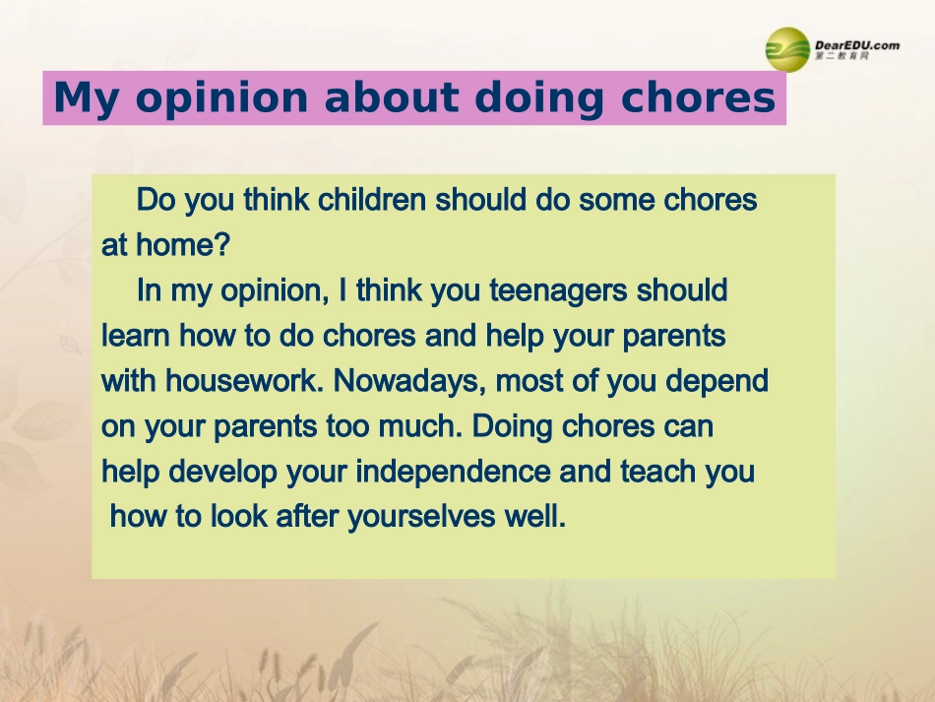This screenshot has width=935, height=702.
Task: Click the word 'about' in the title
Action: coord(390,97)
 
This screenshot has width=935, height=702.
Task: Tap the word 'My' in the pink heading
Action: coord(86,98)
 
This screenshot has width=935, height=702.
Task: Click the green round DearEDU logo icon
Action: coord(787,49)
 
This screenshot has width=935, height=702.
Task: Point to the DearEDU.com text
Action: coord(857,45)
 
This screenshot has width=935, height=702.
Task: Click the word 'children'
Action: coord(372,200)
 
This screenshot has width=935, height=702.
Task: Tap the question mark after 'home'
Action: coord(222,244)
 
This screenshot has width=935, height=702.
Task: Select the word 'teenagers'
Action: coord(558,291)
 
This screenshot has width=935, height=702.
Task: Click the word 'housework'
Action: coord(241,380)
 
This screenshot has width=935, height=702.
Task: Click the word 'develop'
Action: coord(222,472)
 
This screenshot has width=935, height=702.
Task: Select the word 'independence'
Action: coord(453,472)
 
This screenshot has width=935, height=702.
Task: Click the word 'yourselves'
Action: coord(421,517)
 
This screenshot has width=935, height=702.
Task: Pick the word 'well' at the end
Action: coord(531,516)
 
